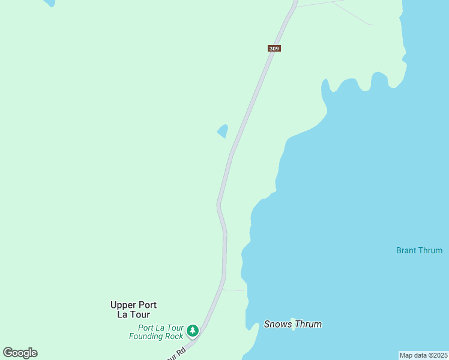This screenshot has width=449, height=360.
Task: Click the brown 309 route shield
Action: pos(274,48)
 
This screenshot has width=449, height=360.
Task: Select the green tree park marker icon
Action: pos(192,330)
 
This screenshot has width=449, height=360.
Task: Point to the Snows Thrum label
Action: pos(293,325)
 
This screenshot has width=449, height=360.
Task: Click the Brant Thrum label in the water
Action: pos(419,250)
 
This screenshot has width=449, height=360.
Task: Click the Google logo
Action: pos(20,353)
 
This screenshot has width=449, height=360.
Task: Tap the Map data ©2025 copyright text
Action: pos(424,355)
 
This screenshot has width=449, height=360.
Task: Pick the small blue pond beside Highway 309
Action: pos(223,131)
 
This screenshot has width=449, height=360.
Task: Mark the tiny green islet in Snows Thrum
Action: pos(293,320)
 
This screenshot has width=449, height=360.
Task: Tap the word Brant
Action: pos(407,250)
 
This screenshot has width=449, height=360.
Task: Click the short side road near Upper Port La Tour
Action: pos(234,290)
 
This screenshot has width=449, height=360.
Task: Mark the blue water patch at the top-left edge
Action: pos(49,2)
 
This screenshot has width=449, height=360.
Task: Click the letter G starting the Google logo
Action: pos(8,353)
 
